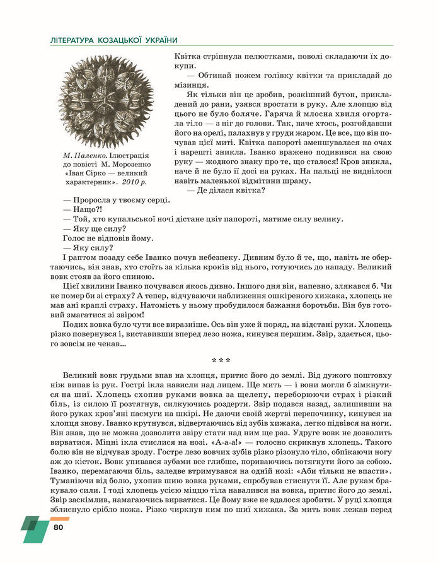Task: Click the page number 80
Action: coord(59,527)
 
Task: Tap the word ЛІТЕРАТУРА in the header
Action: coord(72,40)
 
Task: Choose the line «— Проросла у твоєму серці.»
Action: coord(117,200)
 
